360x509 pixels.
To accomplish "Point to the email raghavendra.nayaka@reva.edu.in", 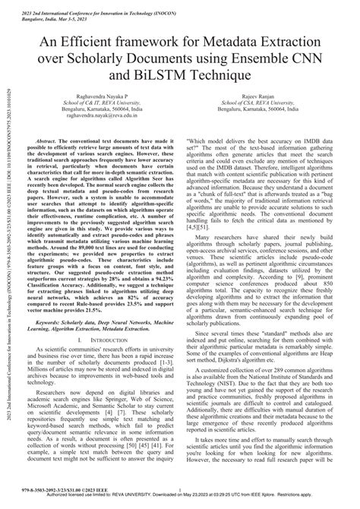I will tap(103, 138).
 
